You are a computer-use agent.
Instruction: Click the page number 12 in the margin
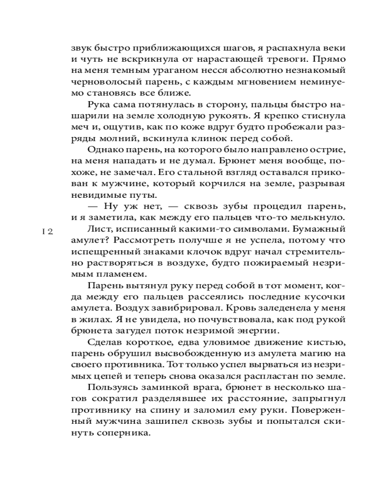click(x=47, y=232)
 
